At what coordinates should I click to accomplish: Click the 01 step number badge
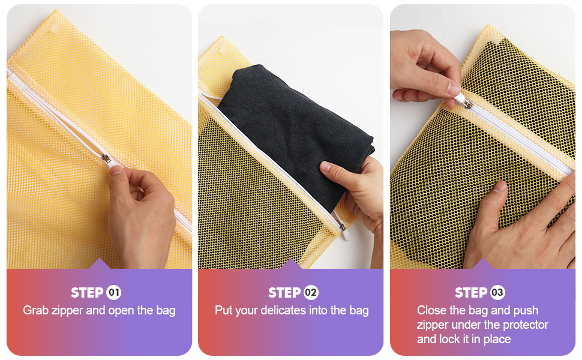coord(113,293)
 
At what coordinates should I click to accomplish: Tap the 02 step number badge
coord(311,293)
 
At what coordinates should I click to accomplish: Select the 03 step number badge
coord(497,293)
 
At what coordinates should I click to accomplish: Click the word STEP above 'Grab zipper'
coord(87,293)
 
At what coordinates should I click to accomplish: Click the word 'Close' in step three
coord(432,310)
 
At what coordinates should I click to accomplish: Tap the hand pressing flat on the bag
coord(516,228)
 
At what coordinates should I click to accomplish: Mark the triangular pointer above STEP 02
coord(291,264)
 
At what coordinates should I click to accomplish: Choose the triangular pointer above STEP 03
coord(482,264)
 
